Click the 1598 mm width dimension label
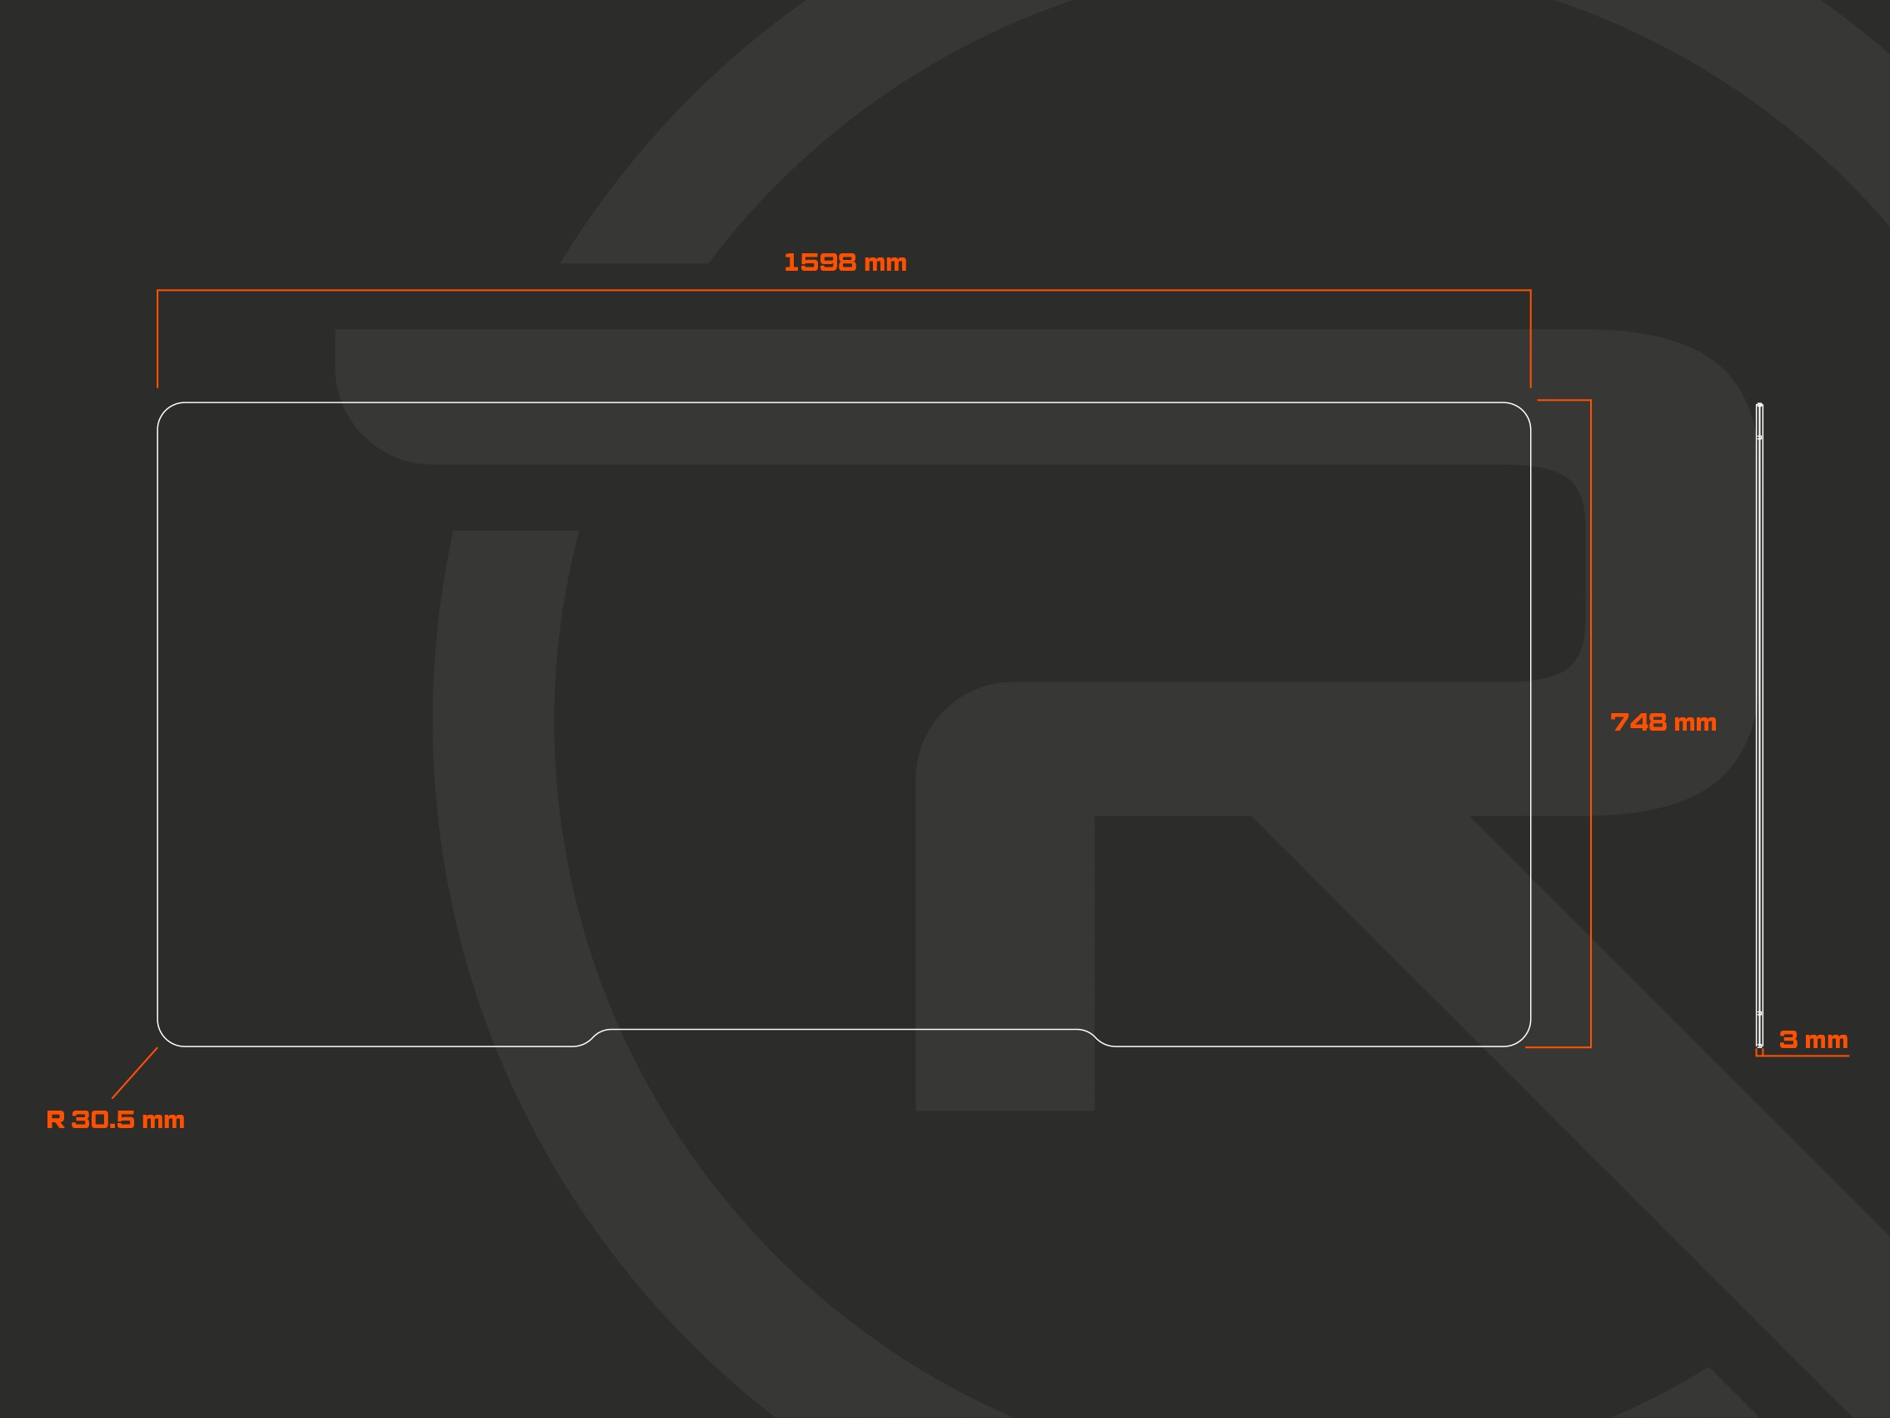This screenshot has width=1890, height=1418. pyautogui.click(x=845, y=262)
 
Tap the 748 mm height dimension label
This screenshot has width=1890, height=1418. pyautogui.click(x=1663, y=722)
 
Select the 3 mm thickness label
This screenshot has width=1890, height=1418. pyautogui.click(x=1813, y=1040)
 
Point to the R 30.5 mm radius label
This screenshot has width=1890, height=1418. pyautogui.click(x=115, y=1120)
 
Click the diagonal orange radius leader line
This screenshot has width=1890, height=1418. pyautogui.click(x=135, y=1073)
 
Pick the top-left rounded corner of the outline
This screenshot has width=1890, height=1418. pyautogui.click(x=165, y=409)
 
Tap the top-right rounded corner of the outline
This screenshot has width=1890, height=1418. pyautogui.click(x=1523, y=409)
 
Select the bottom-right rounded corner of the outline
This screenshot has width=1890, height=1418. pyautogui.click(x=1523, y=1038)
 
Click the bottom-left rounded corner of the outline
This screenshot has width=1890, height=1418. pyautogui.click(x=165, y=1038)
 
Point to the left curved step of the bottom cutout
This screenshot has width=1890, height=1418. pyautogui.click(x=592, y=1037)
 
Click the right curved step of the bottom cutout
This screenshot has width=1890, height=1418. pyautogui.click(x=1096, y=1037)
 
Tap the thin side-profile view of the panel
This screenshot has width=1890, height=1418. pyautogui.click(x=1759, y=725)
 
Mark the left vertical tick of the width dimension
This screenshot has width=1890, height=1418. pyautogui.click(x=157, y=338)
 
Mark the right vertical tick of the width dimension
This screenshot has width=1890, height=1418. pyautogui.click(x=1530, y=338)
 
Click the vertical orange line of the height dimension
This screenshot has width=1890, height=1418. pyautogui.click(x=1590, y=723)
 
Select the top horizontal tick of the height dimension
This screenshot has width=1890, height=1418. pyautogui.click(x=1563, y=400)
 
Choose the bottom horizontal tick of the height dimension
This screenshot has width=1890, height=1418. pyautogui.click(x=1558, y=1047)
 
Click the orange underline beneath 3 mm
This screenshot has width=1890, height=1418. pyautogui.click(x=1803, y=1056)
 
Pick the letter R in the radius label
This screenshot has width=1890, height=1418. pyautogui.click(x=56, y=1120)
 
